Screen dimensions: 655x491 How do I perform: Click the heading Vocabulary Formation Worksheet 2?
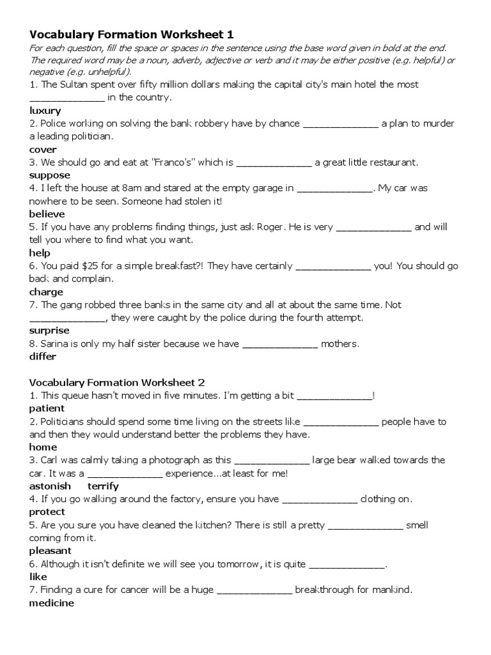[117, 383]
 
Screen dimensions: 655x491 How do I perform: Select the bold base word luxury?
[45, 111]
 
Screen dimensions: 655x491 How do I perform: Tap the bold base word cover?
[43, 149]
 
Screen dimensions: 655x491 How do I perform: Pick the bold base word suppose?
[50, 175]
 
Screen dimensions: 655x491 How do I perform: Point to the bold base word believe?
[47, 214]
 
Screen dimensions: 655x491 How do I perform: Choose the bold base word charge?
[46, 292]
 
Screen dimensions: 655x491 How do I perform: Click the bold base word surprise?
[49, 331]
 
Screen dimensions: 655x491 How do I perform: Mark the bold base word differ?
[43, 356]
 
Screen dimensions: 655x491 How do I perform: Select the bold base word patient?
[47, 408]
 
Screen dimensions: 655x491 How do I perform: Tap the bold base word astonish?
[51, 486]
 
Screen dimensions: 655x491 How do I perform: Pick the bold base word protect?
[47, 512]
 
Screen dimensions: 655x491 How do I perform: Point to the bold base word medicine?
[52, 603]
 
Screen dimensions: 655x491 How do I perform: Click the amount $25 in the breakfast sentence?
[88, 266]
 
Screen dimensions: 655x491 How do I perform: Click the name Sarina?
[55, 343]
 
